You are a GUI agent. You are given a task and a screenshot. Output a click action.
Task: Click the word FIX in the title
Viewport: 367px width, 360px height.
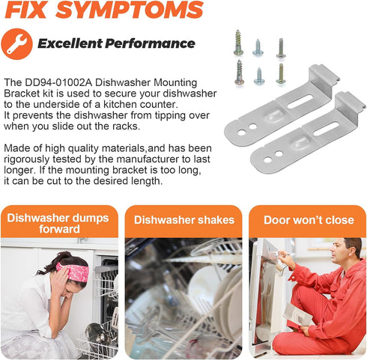29,10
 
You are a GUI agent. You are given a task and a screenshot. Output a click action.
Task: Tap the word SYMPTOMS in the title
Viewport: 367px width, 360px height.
133,10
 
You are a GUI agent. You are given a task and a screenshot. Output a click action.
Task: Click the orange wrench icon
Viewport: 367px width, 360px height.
16,44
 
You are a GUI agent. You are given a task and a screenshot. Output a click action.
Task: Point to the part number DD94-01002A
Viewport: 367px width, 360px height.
53,82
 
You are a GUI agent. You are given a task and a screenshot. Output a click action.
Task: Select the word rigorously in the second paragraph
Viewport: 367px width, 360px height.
27,159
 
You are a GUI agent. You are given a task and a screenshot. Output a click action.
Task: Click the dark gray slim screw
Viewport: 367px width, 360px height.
280,49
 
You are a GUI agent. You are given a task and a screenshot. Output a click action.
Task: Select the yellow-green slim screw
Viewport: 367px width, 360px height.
280,73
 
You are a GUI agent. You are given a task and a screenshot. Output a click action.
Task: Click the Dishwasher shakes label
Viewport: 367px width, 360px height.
183,220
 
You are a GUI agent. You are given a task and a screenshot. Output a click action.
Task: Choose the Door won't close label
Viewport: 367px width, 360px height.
307,220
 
